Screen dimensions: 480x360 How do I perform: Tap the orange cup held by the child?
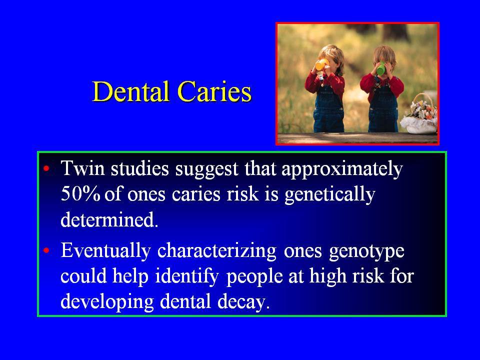point(321,64)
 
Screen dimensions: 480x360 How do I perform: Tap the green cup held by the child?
point(380,68)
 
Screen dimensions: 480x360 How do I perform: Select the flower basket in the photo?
point(419,115)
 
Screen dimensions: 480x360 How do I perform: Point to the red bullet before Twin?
point(46,168)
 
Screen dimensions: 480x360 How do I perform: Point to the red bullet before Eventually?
point(46,250)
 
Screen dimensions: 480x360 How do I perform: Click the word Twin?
point(82,168)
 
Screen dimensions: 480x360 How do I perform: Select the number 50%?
point(80,194)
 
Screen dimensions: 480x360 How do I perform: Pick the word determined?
point(109,219)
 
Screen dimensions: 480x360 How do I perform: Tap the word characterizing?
point(216,251)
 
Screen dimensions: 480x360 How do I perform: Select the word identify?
point(187,277)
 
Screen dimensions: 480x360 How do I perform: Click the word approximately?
point(342,169)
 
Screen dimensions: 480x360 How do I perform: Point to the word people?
point(254,277)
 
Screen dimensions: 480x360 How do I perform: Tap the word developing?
point(107,303)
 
